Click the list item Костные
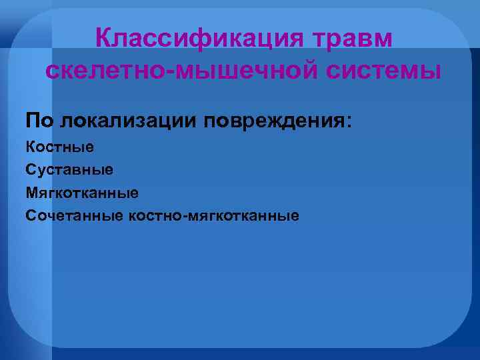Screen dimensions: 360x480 (60, 146)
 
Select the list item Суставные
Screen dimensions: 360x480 (69, 169)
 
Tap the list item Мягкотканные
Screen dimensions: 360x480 (82, 193)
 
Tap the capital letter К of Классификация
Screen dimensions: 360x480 (103, 38)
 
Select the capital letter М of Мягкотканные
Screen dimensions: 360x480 (31, 193)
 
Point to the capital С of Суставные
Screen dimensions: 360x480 (30, 169)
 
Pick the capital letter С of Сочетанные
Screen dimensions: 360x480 (30, 215)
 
